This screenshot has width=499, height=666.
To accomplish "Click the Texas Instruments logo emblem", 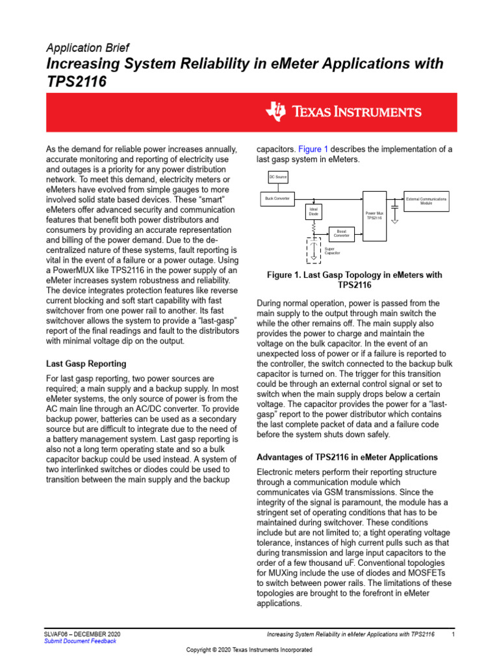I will coord(275,111).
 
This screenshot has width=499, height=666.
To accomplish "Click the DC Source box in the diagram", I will coord(277,177).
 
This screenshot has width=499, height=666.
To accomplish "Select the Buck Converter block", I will coord(277,198).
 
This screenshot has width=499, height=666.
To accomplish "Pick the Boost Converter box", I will coord(342,233).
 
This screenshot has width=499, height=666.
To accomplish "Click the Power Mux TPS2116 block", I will coord(374,215).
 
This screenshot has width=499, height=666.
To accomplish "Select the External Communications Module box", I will coord(426,201).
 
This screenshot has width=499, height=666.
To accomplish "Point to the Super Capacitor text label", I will coord(332,250).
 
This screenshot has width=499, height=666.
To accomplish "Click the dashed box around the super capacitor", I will coord(314,250).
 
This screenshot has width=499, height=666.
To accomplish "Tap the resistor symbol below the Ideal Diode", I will coord(314,228).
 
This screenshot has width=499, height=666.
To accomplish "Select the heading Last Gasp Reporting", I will coord(86,364).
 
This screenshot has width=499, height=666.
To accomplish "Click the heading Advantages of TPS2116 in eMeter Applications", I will coord(348,457).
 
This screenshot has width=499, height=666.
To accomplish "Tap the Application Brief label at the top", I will coord(87,48).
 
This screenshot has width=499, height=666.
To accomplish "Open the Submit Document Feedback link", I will coord(80,641).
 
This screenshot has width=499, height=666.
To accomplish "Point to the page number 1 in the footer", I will coord(452,633).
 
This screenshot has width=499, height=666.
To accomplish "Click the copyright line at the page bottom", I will coord(249,651).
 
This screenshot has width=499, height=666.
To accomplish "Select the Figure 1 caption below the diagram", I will coord(354,280).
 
